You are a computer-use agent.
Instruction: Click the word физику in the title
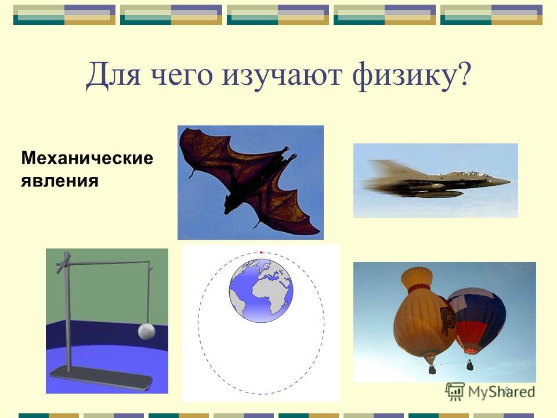(x=404, y=75)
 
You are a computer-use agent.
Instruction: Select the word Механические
(x=87, y=158)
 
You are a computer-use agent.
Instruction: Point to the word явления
(x=60, y=181)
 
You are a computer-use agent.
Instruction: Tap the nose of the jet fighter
(x=509, y=182)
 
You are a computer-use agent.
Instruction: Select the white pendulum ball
(x=146, y=331)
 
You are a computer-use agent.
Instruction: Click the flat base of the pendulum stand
(x=102, y=378)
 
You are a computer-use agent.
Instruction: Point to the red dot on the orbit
(x=261, y=253)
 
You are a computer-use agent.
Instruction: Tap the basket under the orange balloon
(x=432, y=370)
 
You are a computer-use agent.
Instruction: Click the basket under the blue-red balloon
(x=469, y=365)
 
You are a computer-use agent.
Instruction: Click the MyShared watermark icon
(x=455, y=391)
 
